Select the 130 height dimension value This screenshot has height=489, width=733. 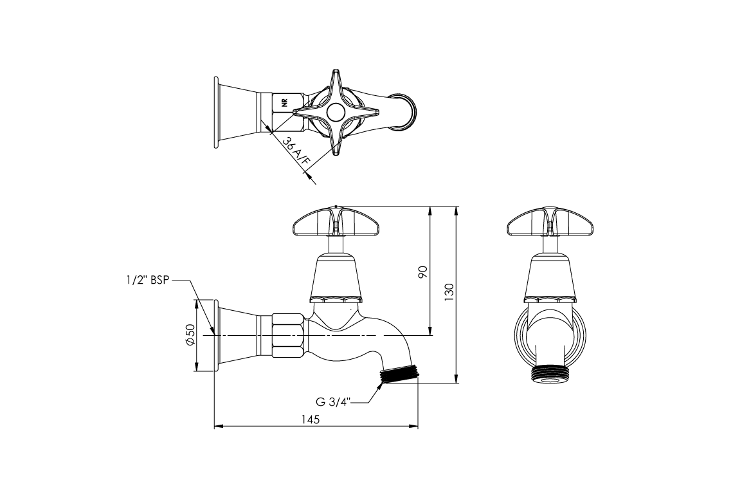coord(449,291)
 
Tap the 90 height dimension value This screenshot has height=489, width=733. coord(422,272)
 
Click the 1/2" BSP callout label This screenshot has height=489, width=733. coord(147,281)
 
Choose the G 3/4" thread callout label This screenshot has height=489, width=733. coord(332,402)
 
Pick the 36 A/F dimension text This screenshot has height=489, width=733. coord(296,153)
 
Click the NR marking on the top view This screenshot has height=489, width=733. coord(284,102)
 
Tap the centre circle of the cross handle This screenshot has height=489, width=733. coord(336,113)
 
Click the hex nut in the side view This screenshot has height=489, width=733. coord(289,335)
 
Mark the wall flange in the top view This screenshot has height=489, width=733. coord(217,113)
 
